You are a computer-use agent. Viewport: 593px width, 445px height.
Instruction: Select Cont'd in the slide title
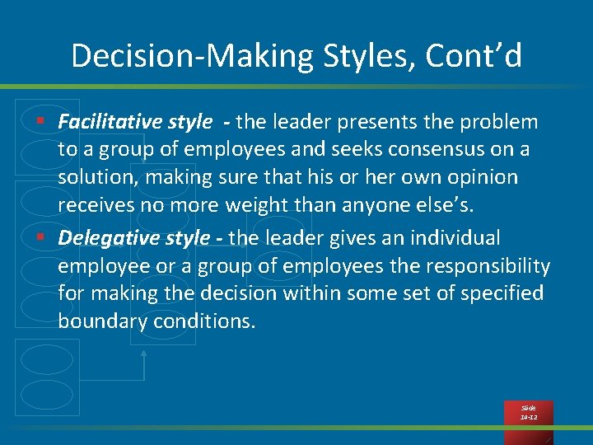pyautogui.click(x=475, y=56)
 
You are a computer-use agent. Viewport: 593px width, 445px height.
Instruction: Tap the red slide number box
pyautogui.click(x=529, y=413)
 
